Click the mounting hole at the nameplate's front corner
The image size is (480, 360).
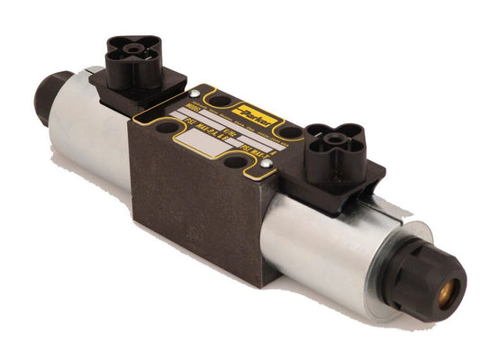click(235, 163)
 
